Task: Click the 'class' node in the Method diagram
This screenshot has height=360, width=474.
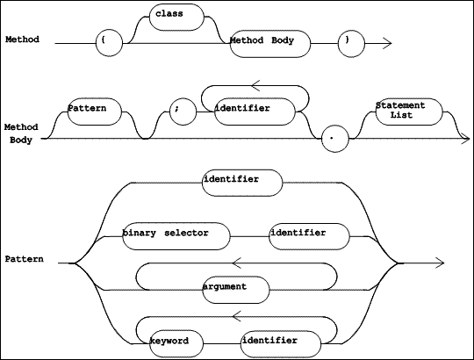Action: pos(176,18)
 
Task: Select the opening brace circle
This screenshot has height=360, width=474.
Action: pos(109,43)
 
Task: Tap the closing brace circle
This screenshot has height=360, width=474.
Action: pos(351,43)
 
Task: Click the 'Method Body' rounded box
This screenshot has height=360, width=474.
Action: pos(270,44)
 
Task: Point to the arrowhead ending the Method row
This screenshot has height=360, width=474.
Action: pos(388,43)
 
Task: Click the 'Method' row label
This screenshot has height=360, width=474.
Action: pos(22,40)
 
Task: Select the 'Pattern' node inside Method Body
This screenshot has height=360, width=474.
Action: pos(94,112)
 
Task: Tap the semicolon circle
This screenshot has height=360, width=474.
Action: pos(183,112)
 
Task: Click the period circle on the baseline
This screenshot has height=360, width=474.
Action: pos(335,139)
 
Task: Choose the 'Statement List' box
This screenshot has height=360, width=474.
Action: pos(409,112)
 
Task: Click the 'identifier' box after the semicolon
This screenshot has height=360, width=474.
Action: pos(255,112)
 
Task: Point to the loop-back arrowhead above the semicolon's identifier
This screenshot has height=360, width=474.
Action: pos(255,85)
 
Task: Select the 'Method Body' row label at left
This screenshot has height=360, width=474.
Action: pos(21,133)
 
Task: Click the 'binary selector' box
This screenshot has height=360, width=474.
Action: pos(176,236)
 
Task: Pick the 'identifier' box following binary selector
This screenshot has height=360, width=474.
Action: pos(309,236)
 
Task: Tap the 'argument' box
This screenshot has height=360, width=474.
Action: pos(236,290)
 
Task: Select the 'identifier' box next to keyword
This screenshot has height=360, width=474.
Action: pos(281,343)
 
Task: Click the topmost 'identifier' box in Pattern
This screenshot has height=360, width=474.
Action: pos(242,183)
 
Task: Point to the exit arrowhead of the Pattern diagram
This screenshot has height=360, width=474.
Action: pos(440,263)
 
